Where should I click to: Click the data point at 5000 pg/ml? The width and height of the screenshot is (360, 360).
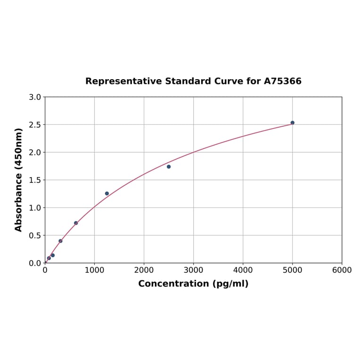(292, 123)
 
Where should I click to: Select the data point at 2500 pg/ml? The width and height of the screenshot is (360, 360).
(169, 167)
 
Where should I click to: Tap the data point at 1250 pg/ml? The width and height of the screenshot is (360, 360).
(107, 194)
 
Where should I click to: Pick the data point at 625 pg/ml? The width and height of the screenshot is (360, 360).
(76, 223)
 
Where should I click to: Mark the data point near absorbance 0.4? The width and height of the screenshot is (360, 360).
(60, 241)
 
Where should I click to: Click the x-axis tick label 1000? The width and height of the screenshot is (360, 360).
(94, 270)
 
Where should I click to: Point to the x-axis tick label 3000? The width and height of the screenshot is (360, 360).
(193, 270)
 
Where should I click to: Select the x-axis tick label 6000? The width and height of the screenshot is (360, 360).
(342, 270)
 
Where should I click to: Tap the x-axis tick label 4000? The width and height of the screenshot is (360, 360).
(243, 270)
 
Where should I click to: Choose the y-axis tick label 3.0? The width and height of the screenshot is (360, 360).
(35, 97)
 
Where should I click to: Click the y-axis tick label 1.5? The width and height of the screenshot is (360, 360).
(35, 180)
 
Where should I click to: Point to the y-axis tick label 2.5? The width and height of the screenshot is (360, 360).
(35, 125)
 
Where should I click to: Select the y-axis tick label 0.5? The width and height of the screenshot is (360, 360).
(35, 236)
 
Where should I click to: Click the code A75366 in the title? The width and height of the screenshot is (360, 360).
(282, 82)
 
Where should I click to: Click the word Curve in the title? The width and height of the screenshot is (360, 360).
(228, 82)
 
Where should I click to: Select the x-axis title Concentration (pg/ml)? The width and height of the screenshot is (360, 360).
(193, 284)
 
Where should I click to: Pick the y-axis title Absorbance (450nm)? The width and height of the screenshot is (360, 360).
(19, 180)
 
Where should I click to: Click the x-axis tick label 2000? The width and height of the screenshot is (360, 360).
(144, 270)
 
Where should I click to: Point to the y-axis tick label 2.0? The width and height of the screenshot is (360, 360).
(35, 152)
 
